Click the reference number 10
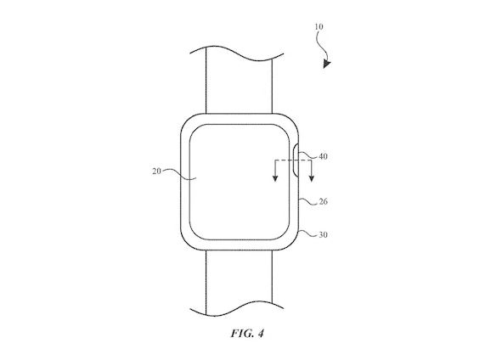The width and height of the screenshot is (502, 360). coord(319,27)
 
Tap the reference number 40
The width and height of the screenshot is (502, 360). coord(323,156)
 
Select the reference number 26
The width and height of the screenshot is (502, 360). coord(324,201)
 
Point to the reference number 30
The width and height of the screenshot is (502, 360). coord(324,235)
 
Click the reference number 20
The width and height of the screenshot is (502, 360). coord(156,172)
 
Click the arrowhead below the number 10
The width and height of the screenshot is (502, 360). coord(326,65)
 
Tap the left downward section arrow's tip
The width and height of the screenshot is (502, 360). coord(275,182)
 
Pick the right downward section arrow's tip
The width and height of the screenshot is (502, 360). coord(312,182)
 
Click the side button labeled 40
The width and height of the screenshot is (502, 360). coord(296,160)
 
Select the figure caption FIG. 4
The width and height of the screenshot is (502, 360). coord(247,334)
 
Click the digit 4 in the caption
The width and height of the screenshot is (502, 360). coord(261,334)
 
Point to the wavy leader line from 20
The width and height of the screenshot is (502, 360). coord(178,174)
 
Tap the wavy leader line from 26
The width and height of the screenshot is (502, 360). coord(308,201)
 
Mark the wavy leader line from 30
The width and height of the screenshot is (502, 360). coord(308,233)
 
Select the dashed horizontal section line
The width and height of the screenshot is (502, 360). coord(293,160)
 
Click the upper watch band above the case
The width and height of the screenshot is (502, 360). coord(239,84)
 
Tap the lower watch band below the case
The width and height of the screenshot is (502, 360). coord(239,281)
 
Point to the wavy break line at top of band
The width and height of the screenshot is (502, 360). coord(237,53)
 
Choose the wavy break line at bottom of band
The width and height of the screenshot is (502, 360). coord(237,309)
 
